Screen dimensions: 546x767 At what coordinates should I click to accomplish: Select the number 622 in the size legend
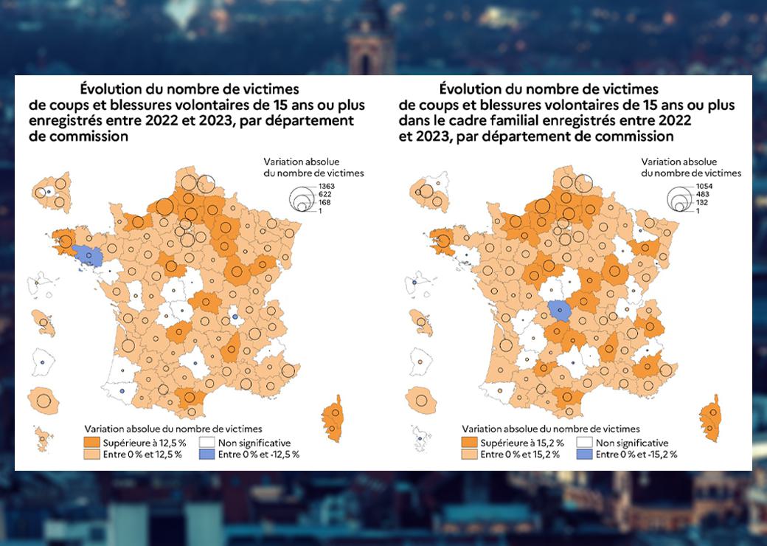(x=324, y=194)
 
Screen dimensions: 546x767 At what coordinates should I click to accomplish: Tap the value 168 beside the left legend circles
(x=324, y=203)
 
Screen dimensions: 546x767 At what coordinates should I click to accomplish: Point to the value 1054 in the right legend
(x=703, y=187)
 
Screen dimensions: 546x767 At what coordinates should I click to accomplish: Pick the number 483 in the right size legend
(x=701, y=195)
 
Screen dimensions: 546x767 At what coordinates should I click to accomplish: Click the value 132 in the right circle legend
(x=701, y=203)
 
